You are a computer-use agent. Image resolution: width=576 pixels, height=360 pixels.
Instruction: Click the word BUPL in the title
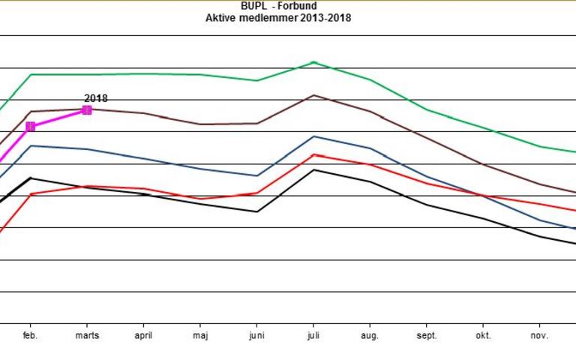tap(253, 7)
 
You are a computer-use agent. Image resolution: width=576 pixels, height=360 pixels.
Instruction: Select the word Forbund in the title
tap(299, 7)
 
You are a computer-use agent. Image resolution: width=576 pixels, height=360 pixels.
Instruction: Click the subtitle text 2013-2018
tap(325, 17)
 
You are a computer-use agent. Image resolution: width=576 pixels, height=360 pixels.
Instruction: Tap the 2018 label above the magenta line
tap(95, 98)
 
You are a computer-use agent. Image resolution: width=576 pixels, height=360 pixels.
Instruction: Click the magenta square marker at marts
tap(87, 109)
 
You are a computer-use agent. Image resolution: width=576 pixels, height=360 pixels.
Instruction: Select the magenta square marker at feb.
tap(31, 127)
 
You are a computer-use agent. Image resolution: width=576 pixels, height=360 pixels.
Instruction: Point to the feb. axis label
tap(31, 335)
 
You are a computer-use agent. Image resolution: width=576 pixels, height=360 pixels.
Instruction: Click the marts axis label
tap(87, 335)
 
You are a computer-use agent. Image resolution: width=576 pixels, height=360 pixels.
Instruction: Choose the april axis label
tap(143, 335)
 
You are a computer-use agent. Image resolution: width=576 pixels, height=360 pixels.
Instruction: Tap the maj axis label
tap(200, 335)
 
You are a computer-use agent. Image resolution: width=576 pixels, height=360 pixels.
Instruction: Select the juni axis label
tap(257, 335)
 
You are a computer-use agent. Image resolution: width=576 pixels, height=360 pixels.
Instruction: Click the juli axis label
tap(313, 335)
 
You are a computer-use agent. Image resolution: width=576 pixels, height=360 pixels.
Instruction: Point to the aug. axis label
tap(370, 335)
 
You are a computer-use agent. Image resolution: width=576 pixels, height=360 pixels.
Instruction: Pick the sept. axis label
tap(426, 335)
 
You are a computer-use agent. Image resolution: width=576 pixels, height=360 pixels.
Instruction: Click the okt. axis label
tap(482, 335)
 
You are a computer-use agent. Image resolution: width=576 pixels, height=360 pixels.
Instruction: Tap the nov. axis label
tap(538, 335)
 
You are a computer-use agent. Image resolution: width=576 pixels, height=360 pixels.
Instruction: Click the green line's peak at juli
tap(313, 62)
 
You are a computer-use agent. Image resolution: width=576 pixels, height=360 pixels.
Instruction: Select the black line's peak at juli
tap(313, 169)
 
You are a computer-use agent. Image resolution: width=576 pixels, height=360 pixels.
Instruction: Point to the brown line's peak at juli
tap(313, 95)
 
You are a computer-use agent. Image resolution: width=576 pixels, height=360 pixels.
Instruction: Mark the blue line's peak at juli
tap(313, 136)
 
